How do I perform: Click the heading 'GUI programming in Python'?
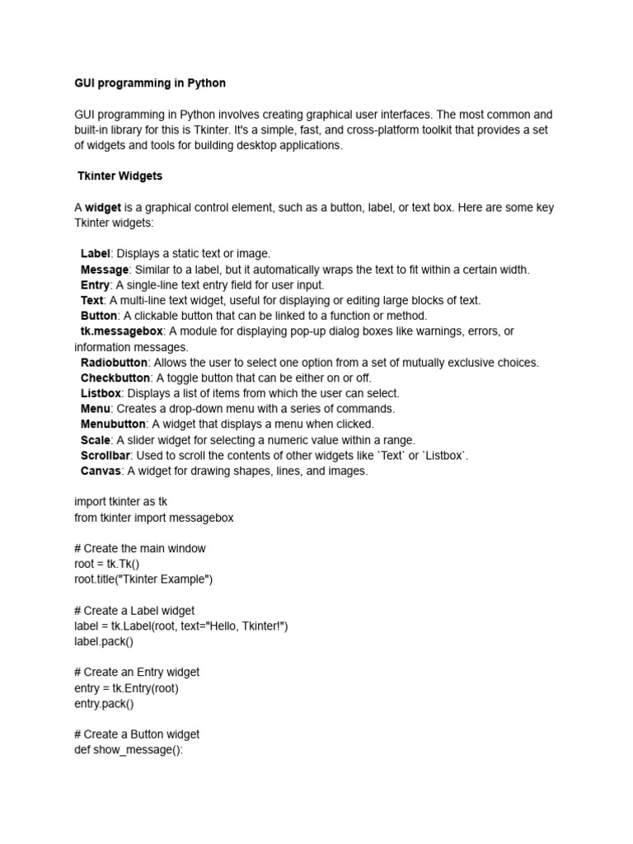pos(149,83)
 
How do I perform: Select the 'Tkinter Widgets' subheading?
pos(120,176)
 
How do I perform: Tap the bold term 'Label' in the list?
pos(96,254)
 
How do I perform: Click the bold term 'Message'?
pos(105,270)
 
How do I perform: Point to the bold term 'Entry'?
pos(95,285)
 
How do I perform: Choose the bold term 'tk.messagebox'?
pos(122,331)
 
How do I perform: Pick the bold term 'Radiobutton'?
pos(115,363)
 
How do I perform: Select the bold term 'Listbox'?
pos(101,393)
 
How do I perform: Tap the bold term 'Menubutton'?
pos(112,424)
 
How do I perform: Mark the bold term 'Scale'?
pos(95,440)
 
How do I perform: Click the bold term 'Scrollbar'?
pos(105,456)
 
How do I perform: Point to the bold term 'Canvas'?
pos(101,471)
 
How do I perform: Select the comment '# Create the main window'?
pos(140,548)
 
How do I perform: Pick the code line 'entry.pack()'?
pos(104,703)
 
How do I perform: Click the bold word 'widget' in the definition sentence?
pos(103,208)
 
